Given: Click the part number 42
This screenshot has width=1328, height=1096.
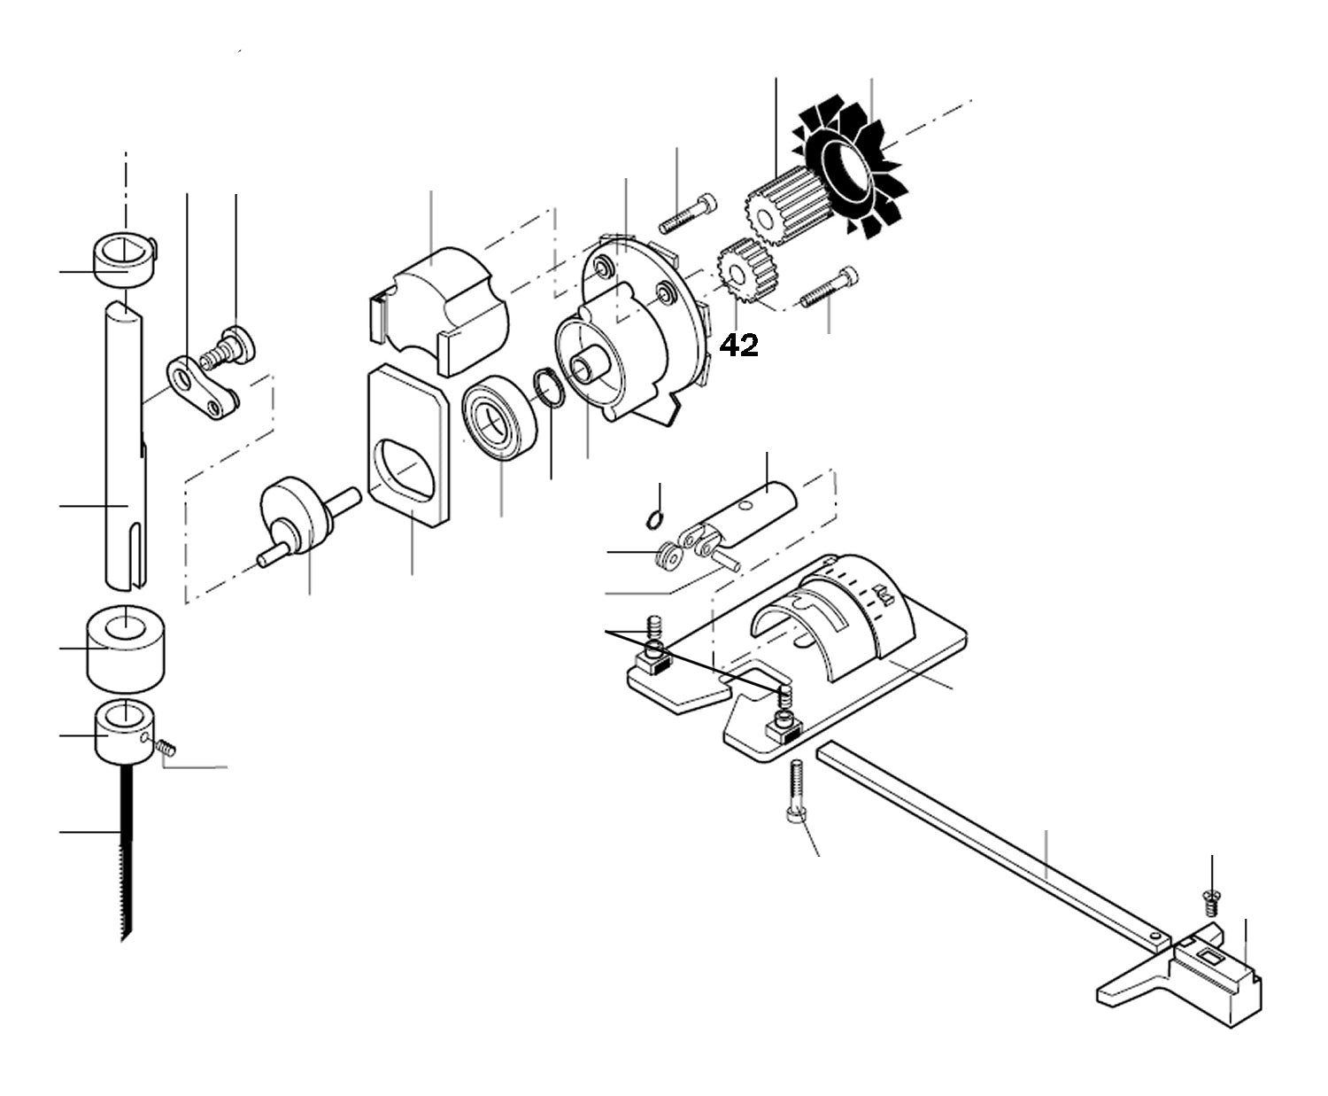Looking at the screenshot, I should (738, 346).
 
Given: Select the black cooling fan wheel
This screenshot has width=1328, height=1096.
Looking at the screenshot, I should (849, 168).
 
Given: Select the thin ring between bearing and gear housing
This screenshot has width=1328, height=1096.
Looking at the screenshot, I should (549, 389).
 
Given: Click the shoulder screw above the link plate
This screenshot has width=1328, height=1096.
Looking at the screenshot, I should (230, 347).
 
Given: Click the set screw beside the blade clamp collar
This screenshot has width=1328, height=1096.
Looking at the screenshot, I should (165, 748).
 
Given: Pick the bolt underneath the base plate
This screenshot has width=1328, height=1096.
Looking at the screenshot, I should (796, 793).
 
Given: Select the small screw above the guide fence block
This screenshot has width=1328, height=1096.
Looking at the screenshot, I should (1212, 905).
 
